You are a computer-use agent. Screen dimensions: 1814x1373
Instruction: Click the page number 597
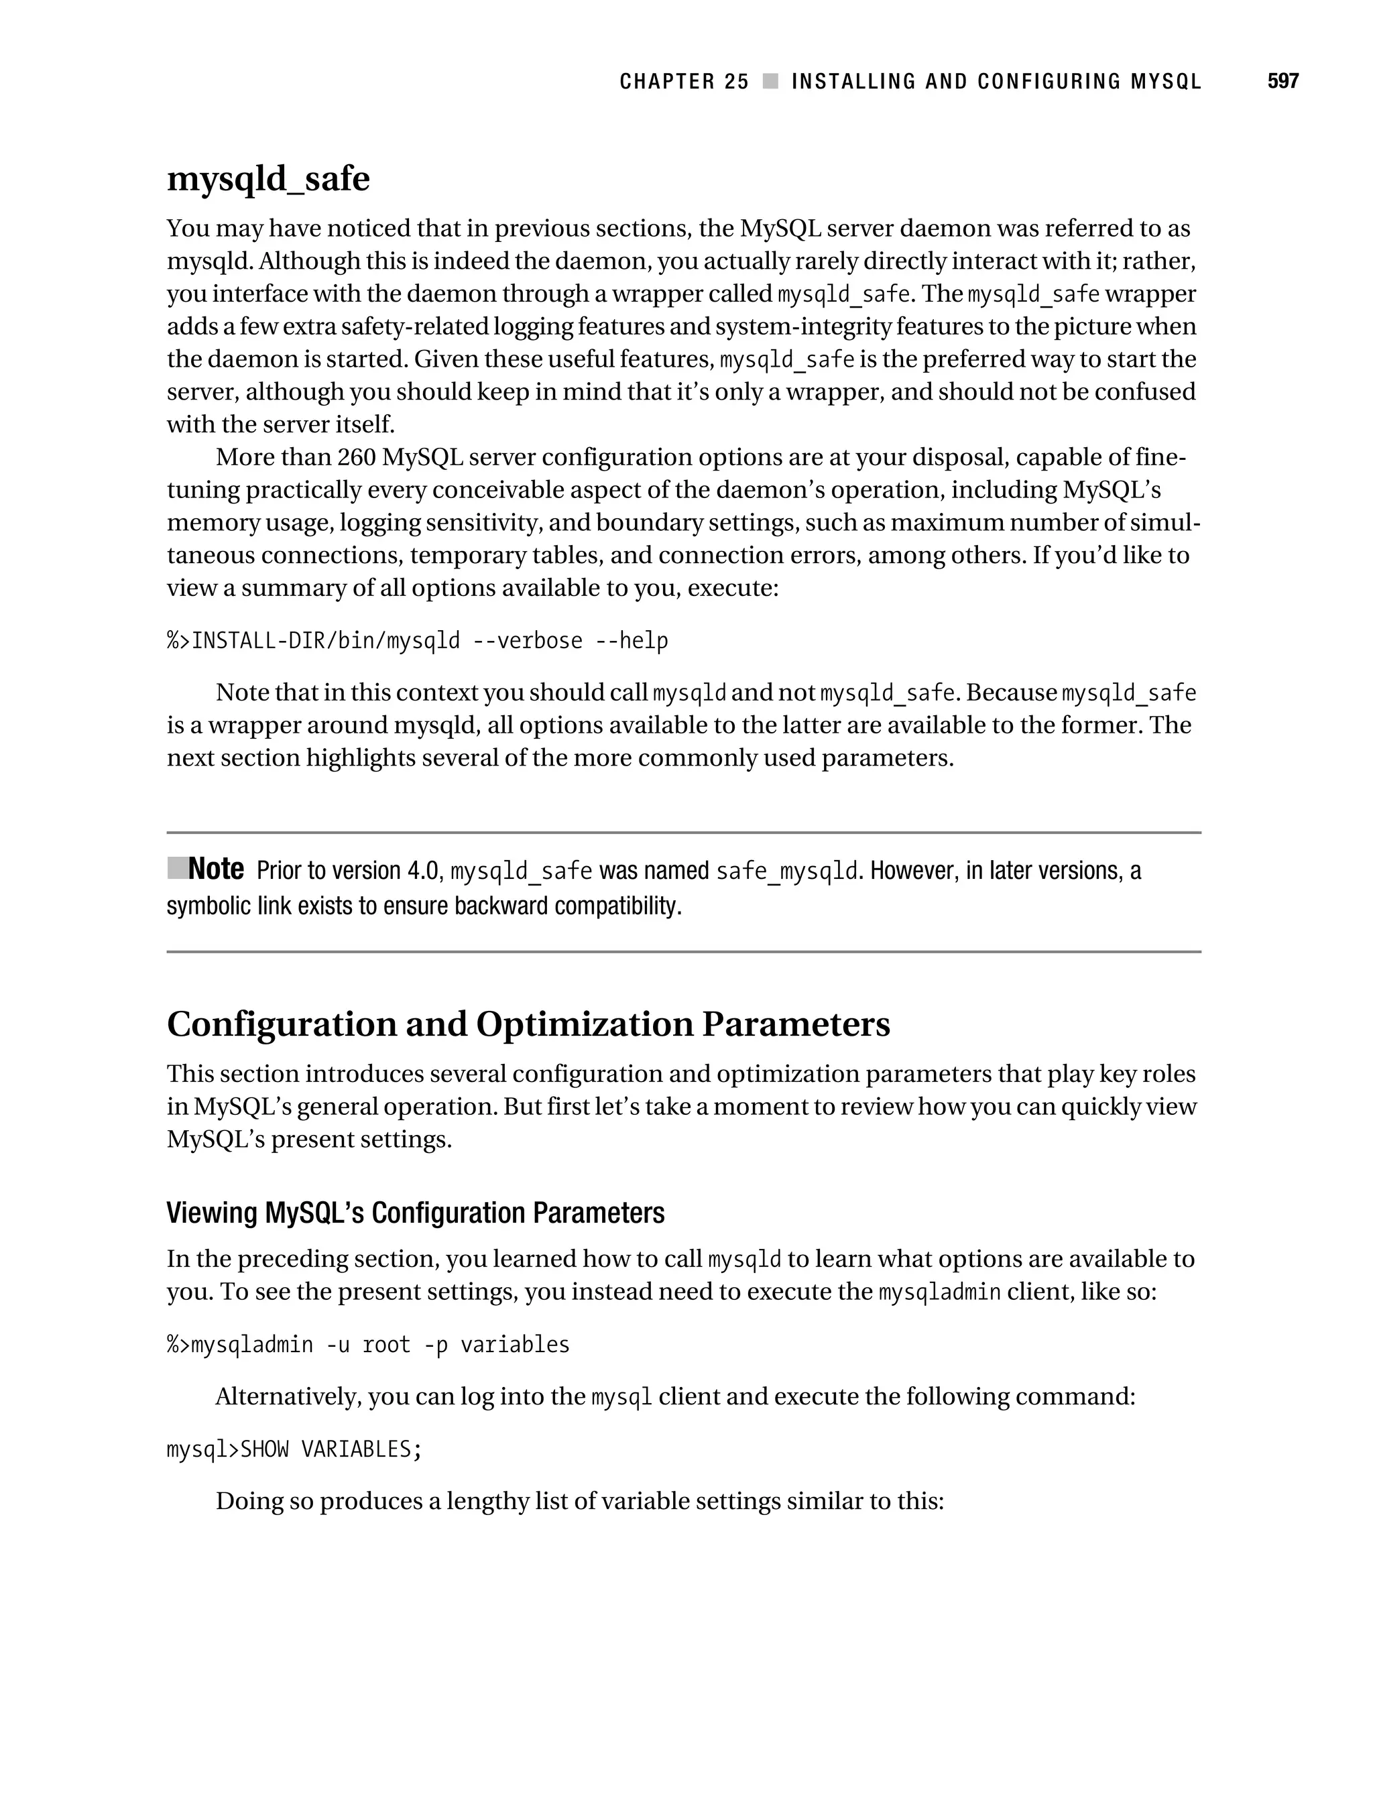tap(1282, 81)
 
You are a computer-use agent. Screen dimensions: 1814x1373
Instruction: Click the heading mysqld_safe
tap(268, 179)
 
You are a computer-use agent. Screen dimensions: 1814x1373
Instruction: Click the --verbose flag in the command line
tap(528, 640)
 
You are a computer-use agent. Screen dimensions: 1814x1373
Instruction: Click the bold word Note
tap(216, 869)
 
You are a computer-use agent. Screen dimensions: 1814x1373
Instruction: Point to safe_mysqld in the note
tap(786, 871)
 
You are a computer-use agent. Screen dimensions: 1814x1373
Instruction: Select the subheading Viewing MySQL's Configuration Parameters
tap(415, 1213)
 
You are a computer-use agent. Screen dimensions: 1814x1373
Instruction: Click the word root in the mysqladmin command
tap(385, 1345)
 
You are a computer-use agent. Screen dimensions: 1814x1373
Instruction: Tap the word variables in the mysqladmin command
tap(514, 1345)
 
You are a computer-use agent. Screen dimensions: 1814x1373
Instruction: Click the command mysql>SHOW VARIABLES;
tap(294, 1449)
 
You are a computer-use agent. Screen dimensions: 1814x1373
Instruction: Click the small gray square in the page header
tap(770, 81)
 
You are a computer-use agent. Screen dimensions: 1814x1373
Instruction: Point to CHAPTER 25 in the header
tap(684, 81)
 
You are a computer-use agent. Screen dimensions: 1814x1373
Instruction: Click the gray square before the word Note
tap(176, 867)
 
